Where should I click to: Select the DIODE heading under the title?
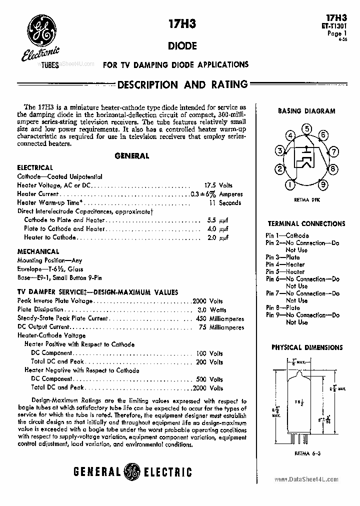coord(181,46)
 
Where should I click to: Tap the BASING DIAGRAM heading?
coord(306,111)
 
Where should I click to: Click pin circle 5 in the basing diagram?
coord(306,129)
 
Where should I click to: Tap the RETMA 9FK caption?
coord(306,199)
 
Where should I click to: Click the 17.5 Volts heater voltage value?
coord(218,185)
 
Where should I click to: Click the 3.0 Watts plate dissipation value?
coord(210,310)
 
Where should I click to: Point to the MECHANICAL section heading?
coord(38,251)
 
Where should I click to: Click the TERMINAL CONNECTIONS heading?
coord(306,223)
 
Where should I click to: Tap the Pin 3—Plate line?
coord(283,257)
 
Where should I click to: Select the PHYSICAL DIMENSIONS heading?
coord(306,347)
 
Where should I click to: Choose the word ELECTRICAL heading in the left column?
coord(35,167)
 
